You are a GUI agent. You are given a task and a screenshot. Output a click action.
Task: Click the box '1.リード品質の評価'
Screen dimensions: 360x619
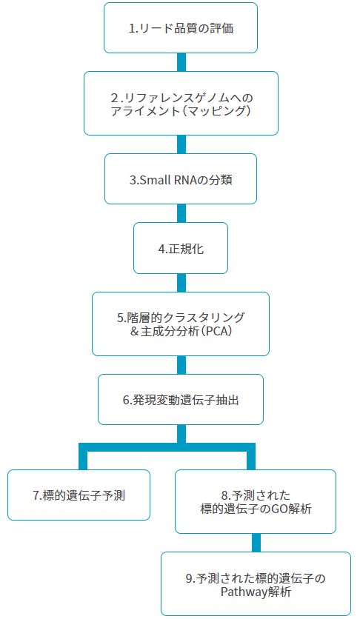181,27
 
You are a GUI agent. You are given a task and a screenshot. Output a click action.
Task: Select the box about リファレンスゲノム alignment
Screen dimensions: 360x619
181,104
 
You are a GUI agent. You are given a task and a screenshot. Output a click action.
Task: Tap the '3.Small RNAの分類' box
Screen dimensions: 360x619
181,179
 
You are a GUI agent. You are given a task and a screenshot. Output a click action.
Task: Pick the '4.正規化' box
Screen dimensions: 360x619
181,248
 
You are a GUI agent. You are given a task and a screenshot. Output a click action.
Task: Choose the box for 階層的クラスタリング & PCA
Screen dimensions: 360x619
181,324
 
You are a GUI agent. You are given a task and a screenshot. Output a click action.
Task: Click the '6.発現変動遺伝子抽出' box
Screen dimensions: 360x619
181,400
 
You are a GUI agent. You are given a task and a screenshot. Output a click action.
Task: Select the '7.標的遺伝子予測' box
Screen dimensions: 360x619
79,495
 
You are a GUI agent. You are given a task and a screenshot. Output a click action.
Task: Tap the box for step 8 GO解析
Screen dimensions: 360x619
256,501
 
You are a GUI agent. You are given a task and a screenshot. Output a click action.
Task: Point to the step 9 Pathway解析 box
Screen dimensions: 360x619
256,584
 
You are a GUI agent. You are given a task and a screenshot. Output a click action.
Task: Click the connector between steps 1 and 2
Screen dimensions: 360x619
181,62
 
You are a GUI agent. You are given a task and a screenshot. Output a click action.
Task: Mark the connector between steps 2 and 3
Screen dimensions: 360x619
181,144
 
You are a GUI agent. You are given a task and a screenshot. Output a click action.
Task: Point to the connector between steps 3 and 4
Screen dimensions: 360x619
181,213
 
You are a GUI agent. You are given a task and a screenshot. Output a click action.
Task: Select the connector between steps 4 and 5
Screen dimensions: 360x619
181,283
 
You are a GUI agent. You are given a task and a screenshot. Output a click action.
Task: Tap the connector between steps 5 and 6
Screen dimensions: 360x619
181,365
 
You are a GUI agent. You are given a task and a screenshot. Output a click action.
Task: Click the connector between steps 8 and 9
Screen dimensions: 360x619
256,543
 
